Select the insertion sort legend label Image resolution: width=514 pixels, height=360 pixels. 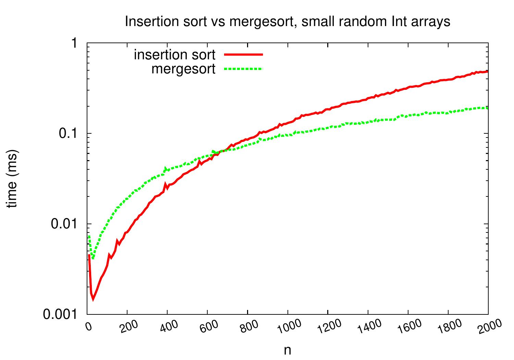coord(175,55)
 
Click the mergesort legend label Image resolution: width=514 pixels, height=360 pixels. coord(184,69)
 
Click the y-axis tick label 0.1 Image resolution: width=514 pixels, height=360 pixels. coord(70,133)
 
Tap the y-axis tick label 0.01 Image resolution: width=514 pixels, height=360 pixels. coord(65,224)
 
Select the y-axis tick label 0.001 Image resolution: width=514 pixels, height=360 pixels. coord(61,314)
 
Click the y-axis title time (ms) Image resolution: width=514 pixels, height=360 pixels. coord(13,179)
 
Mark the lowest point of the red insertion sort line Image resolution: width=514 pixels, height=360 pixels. coord(93,299)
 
